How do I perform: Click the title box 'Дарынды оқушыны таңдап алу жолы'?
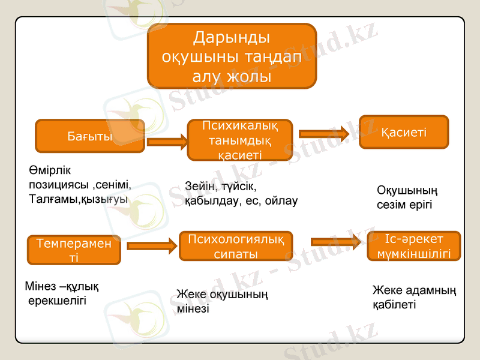232,56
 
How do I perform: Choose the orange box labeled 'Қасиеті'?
403,132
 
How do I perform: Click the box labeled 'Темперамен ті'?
74,250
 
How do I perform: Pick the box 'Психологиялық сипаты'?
236,247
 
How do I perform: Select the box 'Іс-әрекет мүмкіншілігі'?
413,246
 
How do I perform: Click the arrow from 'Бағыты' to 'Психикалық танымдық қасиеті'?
167,142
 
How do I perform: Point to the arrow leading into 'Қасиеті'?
323,134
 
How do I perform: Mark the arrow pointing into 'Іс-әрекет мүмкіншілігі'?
336,242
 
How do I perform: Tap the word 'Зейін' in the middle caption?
202,187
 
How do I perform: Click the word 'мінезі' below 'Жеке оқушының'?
193,309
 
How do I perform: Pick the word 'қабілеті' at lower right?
394,305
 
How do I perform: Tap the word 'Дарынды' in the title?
232,38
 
